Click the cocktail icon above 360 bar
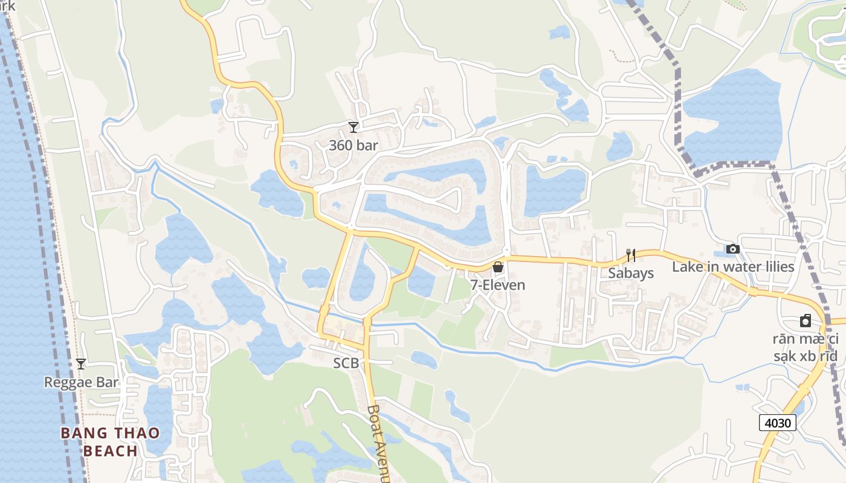point(354,127)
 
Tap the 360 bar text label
point(354,146)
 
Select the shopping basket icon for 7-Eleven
point(498,267)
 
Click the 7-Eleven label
point(498,285)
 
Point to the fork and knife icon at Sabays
point(631,255)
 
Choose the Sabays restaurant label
point(631,273)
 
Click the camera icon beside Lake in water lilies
point(733,249)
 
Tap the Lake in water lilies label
point(733,266)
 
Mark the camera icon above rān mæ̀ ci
point(806,321)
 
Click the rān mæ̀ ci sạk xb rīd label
point(806,347)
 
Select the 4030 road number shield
point(778,423)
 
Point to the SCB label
point(346,363)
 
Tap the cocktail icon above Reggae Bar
point(80,364)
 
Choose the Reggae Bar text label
point(81,382)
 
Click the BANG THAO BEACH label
point(110,441)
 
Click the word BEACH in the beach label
point(110,451)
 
